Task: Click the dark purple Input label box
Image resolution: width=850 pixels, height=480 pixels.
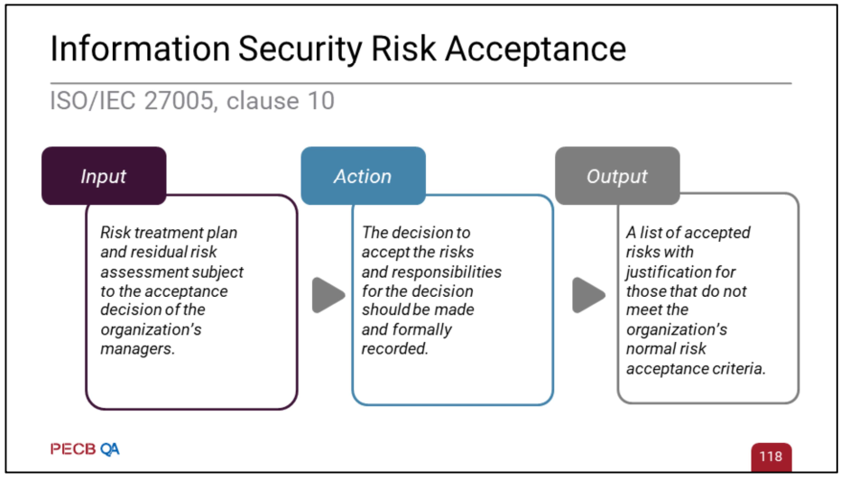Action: coord(104,176)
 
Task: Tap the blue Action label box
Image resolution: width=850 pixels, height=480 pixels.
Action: coord(364,176)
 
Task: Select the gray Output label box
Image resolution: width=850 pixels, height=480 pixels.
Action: coord(617,176)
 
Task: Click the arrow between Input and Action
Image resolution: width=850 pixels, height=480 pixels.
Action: coord(328,295)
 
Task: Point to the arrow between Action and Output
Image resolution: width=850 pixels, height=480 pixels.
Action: coord(588,295)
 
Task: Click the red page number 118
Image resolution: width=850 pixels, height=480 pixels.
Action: coord(771,457)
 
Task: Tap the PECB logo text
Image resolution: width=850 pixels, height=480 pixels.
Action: coord(73,449)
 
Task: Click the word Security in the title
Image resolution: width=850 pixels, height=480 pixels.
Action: coord(300,50)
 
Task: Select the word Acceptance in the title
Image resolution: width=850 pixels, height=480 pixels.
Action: coord(536,50)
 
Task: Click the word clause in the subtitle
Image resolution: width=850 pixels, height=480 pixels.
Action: coord(263,101)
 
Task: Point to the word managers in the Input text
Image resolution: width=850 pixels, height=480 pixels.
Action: coord(138,349)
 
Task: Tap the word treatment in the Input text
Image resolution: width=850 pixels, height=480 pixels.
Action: coord(167,233)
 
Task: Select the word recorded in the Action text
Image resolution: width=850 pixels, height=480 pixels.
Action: coord(394,349)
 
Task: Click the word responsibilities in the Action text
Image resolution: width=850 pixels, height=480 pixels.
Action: coord(447,272)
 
